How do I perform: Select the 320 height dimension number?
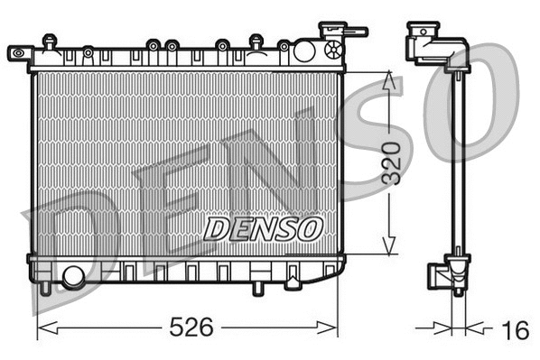click(x=389, y=163)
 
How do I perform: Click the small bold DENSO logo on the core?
click(x=263, y=228)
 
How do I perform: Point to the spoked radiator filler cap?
click(x=334, y=49)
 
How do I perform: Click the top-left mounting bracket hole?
click(x=17, y=54)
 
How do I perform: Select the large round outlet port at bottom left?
click(x=72, y=276)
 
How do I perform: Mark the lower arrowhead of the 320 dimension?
click(x=389, y=245)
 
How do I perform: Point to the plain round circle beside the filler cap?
click(x=304, y=51)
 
